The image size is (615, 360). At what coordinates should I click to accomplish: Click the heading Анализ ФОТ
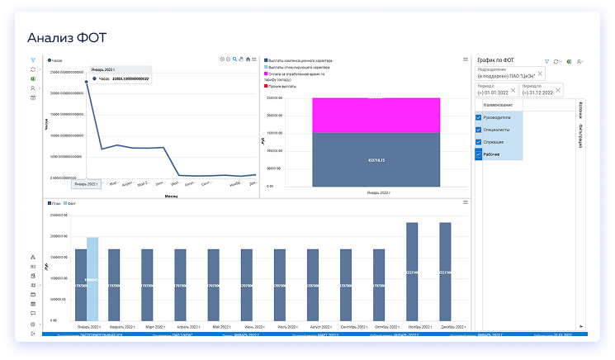pyautogui.click(x=66, y=37)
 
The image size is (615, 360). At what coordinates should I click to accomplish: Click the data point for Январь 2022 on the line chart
pyautogui.click(x=87, y=82)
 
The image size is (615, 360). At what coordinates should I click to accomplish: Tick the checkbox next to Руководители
pyautogui.click(x=479, y=117)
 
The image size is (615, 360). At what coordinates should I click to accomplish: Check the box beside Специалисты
pyautogui.click(x=479, y=130)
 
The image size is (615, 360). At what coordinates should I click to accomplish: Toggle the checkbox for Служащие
pyautogui.click(x=479, y=142)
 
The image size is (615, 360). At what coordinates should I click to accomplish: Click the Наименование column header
pyautogui.click(x=498, y=105)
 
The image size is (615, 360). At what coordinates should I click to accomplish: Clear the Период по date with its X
pyautogui.click(x=558, y=89)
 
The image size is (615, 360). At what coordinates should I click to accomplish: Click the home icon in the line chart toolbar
pyautogui.click(x=248, y=59)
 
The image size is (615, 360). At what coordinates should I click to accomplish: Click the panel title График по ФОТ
pyautogui.click(x=498, y=60)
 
